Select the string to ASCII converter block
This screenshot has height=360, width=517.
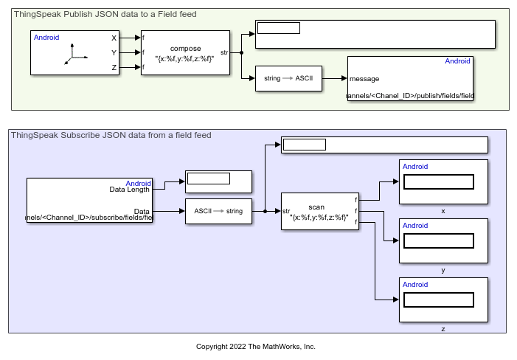[288, 77]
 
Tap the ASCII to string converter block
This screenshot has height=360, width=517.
[218, 211]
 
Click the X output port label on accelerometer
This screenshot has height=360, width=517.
[114, 38]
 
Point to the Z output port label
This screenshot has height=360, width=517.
[114, 67]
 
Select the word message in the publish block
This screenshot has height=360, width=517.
[364, 78]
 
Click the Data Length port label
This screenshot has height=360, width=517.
[130, 190]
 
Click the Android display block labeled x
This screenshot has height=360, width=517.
[443, 181]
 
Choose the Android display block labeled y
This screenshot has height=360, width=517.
[443, 240]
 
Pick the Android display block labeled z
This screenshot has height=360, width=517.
[443, 300]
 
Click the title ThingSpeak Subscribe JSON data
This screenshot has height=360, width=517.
[111, 135]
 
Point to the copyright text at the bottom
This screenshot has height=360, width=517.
[256, 346]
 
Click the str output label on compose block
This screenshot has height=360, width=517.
[224, 52]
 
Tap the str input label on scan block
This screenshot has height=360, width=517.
[286, 211]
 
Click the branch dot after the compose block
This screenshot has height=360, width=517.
[241, 52]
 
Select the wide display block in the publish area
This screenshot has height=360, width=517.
[375, 34]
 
